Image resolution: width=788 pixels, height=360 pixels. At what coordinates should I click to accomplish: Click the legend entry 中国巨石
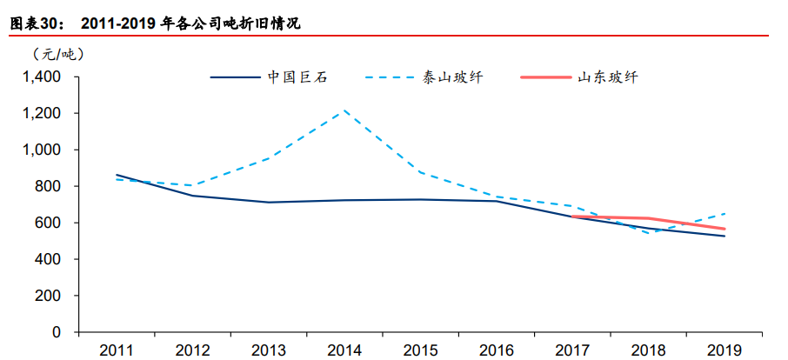[296, 77]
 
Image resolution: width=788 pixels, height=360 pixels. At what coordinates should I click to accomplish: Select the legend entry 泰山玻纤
[452, 77]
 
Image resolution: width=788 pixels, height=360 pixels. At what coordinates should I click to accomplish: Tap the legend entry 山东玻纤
[608, 77]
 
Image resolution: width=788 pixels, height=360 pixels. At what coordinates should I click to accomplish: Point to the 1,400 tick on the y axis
[42, 77]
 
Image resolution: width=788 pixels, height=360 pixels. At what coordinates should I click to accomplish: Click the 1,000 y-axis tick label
[42, 150]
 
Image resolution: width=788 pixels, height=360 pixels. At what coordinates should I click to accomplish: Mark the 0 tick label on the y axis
[57, 333]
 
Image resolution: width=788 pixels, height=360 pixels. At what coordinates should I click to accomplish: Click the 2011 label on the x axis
[117, 350]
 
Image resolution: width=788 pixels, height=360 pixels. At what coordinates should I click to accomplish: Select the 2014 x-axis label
[344, 350]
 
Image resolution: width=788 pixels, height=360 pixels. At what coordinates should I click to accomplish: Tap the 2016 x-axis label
[497, 350]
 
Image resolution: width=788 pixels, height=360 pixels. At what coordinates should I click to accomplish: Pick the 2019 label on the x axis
[725, 350]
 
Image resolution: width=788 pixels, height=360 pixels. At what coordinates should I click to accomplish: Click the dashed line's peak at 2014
[344, 110]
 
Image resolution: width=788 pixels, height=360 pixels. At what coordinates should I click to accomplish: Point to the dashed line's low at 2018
[649, 233]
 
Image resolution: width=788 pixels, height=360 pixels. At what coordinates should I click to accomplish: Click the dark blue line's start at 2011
[117, 175]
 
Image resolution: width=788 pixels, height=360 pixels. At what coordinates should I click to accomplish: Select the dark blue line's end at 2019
[725, 236]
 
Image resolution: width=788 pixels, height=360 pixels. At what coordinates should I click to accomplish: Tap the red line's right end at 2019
[725, 229]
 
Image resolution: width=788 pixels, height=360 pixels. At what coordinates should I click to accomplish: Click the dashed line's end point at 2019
[725, 214]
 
